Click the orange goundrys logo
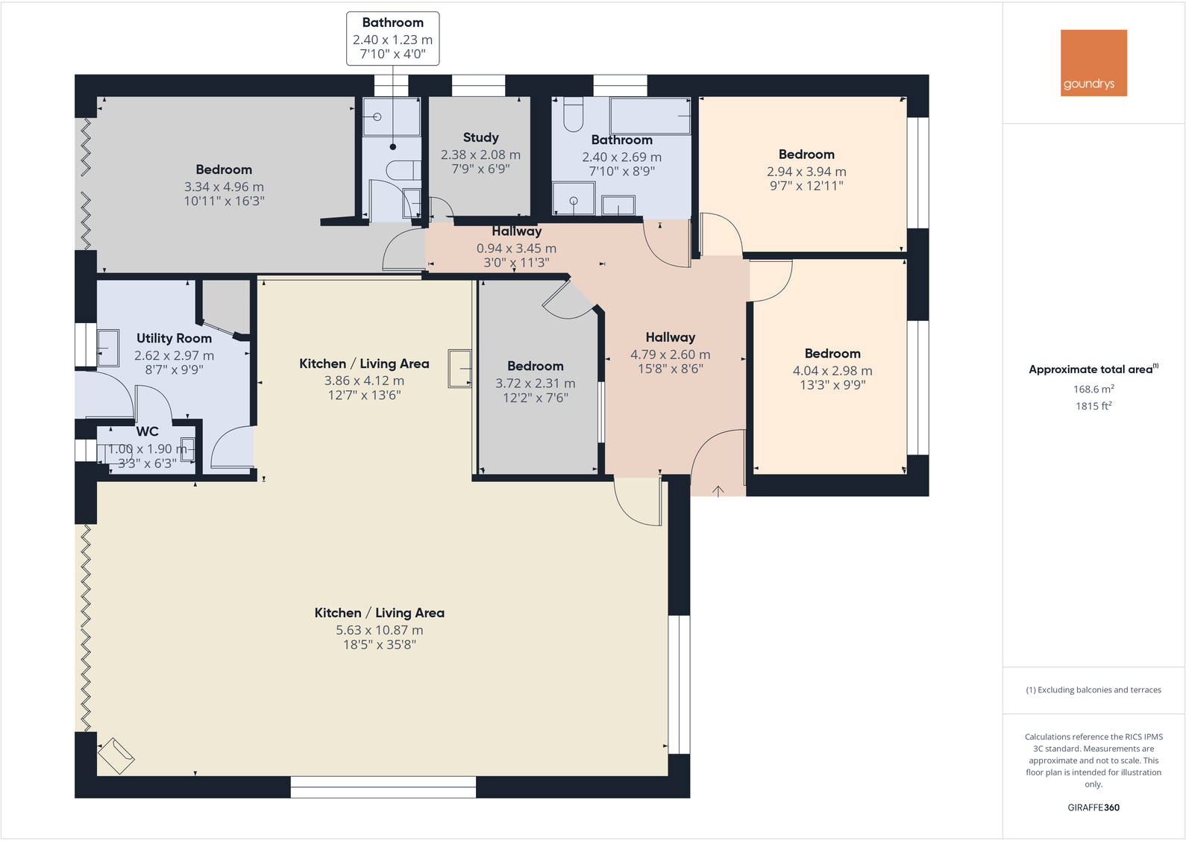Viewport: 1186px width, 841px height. [x=1094, y=63]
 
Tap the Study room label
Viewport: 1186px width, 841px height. [x=480, y=137]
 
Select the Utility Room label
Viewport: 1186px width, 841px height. [x=174, y=338]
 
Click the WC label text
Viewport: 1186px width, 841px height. [x=147, y=431]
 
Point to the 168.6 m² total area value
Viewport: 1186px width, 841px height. [x=1094, y=389]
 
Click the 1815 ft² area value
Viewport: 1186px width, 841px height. [x=1094, y=406]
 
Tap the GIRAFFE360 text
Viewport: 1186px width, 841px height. [x=1094, y=807]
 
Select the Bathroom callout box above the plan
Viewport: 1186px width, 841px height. [x=392, y=38]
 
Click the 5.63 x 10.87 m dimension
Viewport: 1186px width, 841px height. [x=379, y=630]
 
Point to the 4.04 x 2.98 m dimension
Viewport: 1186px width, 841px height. [x=832, y=370]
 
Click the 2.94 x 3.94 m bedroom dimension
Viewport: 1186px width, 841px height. [x=806, y=171]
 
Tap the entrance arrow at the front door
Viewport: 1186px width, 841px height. [x=718, y=490]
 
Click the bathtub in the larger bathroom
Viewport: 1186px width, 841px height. [x=650, y=116]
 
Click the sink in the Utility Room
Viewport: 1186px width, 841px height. [x=108, y=348]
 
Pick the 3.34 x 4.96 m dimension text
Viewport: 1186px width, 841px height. [x=224, y=187]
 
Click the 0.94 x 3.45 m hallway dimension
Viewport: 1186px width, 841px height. [x=516, y=248]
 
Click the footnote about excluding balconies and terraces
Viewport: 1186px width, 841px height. [x=1094, y=690]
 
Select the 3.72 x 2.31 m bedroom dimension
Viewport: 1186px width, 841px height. [x=536, y=383]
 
